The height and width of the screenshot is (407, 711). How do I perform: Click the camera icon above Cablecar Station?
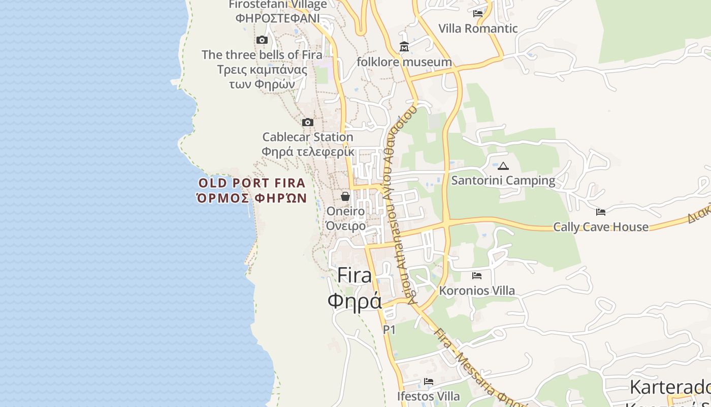click(x=307, y=122)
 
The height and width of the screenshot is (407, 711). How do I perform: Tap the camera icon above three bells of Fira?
click(x=262, y=40)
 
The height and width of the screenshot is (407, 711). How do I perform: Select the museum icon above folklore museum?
click(x=404, y=47)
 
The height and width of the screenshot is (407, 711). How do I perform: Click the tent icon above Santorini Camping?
click(x=503, y=166)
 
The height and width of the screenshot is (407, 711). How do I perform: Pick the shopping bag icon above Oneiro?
click(x=345, y=196)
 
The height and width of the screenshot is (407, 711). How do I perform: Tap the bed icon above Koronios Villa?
click(x=477, y=276)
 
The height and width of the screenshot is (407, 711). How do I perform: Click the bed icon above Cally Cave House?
click(x=601, y=212)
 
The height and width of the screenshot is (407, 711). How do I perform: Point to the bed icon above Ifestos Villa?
click(x=429, y=382)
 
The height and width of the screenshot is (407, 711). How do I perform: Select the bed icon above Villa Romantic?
click(x=478, y=13)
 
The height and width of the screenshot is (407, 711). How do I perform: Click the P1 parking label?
click(x=389, y=330)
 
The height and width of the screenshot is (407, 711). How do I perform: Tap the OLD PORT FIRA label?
click(x=252, y=183)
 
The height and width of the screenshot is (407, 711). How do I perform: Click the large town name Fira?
click(x=354, y=275)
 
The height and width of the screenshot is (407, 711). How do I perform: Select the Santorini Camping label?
click(x=503, y=181)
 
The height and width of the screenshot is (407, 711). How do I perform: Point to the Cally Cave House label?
click(x=601, y=227)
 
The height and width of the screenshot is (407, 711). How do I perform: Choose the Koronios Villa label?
click(x=477, y=291)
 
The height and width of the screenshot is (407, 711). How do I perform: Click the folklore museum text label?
click(x=404, y=62)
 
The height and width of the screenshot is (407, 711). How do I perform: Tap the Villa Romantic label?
click(x=478, y=28)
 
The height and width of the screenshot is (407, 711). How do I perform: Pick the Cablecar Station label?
click(x=308, y=137)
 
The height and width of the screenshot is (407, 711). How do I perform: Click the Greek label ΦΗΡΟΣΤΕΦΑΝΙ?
click(x=278, y=18)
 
